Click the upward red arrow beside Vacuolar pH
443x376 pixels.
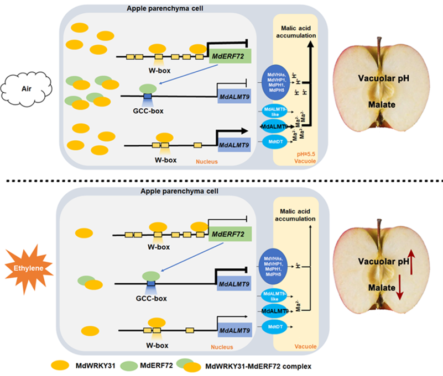pyautogui.click(x=409, y=261)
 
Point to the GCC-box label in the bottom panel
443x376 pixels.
pyautogui.click(x=149, y=298)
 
